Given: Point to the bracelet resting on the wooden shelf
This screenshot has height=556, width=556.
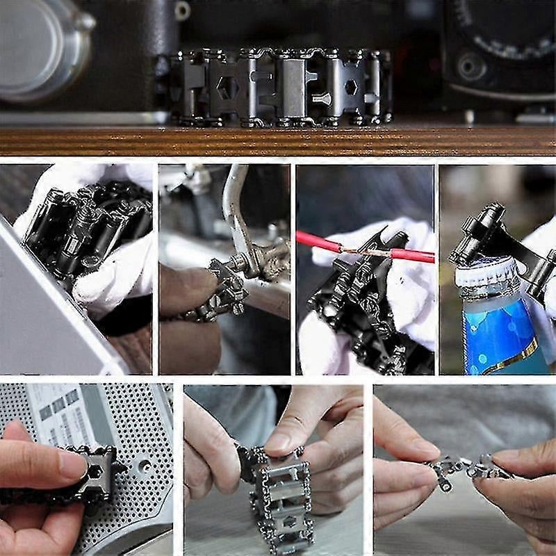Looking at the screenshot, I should pyautogui.click(x=278, y=87).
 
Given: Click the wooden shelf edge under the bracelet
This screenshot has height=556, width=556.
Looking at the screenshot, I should pyautogui.click(x=278, y=141).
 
